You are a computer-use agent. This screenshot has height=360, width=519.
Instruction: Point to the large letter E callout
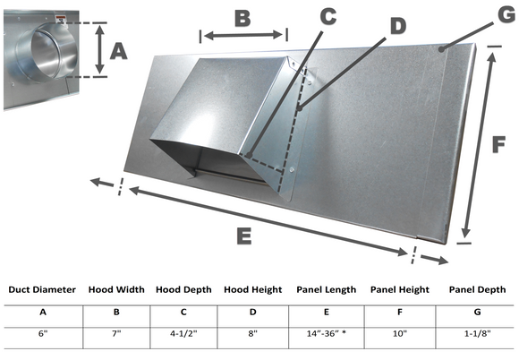coord(242,237)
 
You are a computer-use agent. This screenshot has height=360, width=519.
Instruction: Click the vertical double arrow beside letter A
coord(98,50)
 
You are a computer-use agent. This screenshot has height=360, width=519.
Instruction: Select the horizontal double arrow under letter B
coord(242,36)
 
